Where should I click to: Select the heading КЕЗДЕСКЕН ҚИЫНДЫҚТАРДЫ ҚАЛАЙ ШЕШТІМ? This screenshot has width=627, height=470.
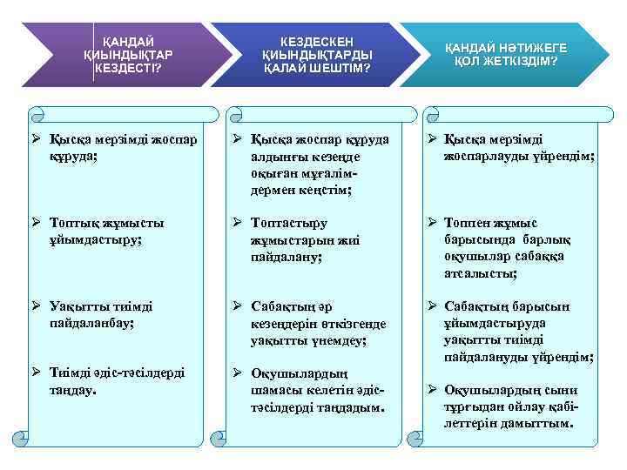coord(317,54)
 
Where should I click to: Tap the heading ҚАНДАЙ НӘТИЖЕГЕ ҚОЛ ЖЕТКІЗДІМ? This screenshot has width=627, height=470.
coord(506,54)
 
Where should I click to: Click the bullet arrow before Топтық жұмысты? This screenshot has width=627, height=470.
coord(35,222)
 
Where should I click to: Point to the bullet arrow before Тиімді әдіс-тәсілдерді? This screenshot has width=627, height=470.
coord(35,373)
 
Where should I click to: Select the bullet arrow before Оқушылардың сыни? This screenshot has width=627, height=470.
coord(430,389)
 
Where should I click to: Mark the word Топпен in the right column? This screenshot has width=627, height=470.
coord(467,223)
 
